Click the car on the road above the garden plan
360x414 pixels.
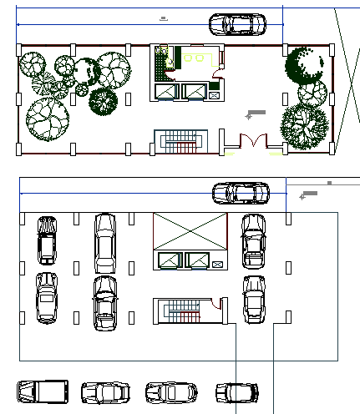236,25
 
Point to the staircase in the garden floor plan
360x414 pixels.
180,140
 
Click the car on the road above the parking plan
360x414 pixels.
241,193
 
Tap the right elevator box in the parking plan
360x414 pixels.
200,260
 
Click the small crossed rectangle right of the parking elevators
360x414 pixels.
218,264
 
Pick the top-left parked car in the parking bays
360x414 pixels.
47,240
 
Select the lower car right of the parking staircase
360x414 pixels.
253,299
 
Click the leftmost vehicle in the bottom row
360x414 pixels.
42,391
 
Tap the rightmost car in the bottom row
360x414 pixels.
237,391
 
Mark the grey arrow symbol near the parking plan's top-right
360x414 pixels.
309,194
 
